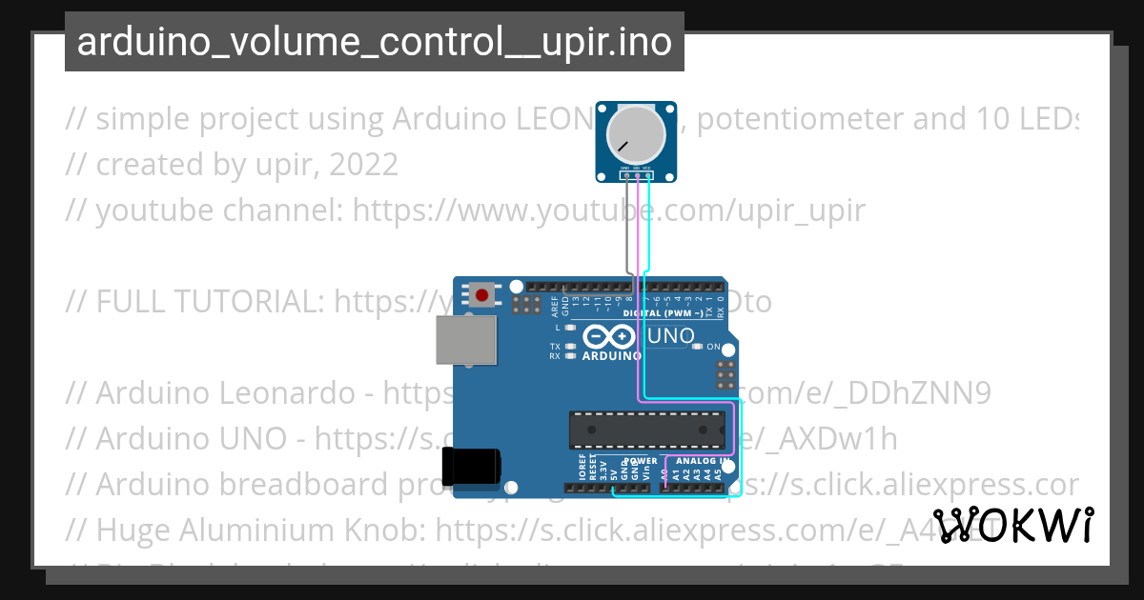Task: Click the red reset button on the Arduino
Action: click(482, 295)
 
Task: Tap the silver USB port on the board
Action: click(466, 340)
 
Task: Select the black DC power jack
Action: click(471, 467)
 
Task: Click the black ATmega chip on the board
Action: click(645, 430)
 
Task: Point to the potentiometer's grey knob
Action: click(637, 134)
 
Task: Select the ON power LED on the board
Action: click(697, 347)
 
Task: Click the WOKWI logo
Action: click(1013, 526)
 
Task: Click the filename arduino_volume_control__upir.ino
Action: click(374, 42)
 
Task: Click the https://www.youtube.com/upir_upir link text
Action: click(609, 210)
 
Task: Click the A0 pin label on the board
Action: click(665, 471)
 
